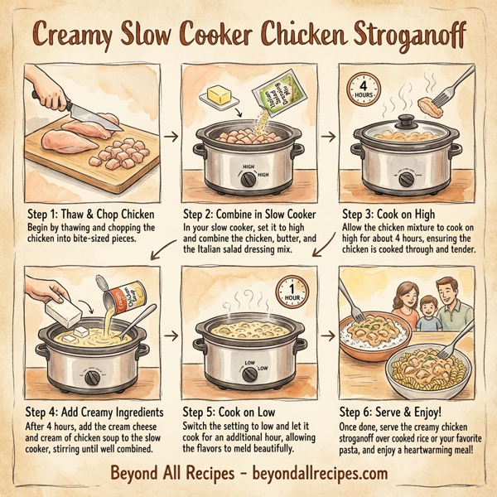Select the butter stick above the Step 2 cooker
217,96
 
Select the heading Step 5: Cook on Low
229,411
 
